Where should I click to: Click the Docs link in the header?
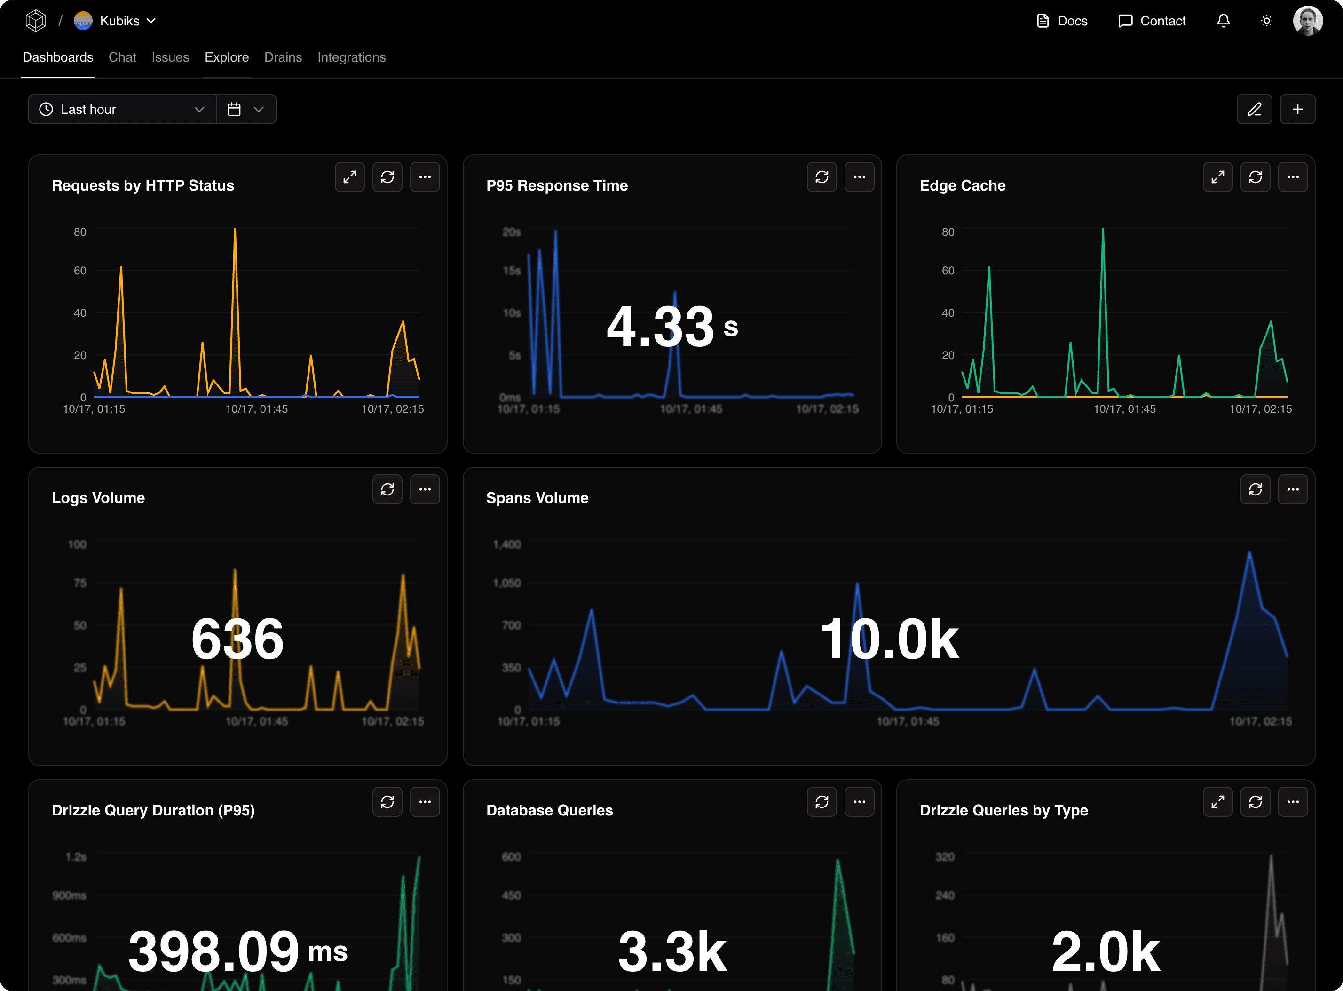tap(1062, 21)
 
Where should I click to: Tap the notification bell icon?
tap(1223, 21)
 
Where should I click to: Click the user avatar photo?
tap(1308, 21)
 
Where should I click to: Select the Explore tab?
tap(227, 57)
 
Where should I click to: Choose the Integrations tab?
tap(351, 57)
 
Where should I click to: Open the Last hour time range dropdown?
tap(122, 109)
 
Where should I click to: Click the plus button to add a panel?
tap(1297, 109)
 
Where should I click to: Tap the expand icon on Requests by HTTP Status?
tap(349, 177)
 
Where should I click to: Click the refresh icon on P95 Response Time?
tap(822, 177)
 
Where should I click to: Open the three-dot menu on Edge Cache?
tap(1293, 177)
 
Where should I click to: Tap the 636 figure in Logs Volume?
tap(237, 639)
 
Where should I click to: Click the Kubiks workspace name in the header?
tap(119, 21)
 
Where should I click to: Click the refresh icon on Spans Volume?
tap(1255, 489)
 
